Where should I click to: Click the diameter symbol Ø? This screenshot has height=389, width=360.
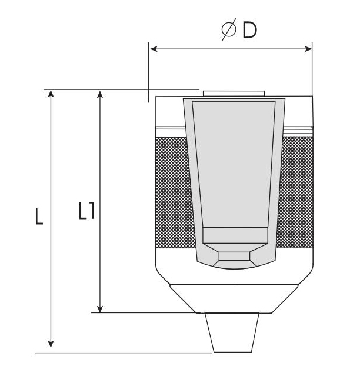pos(229,31)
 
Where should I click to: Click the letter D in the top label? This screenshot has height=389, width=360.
pos(249,31)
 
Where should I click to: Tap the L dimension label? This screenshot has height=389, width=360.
pos(38,216)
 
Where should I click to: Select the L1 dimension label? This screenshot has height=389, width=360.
pos(87,211)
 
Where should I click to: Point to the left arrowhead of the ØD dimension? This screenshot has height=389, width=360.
pos(152,49)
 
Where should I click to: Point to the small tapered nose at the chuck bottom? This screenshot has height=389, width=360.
pos(235,333)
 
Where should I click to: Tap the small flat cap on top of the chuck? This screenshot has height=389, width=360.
pos(233,93)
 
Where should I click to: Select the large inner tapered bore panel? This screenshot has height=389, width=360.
pos(234,165)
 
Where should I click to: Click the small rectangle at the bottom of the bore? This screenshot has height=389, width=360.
pos(234,235)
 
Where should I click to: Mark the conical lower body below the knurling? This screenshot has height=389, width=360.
pos(234,297)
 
